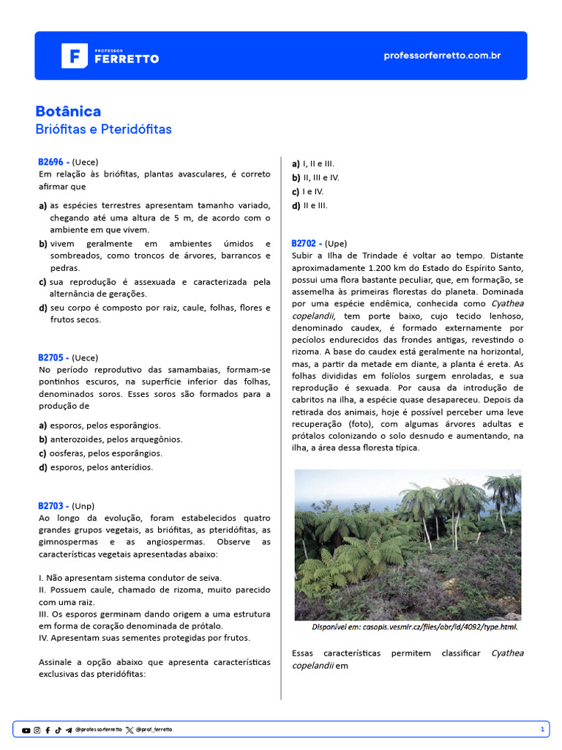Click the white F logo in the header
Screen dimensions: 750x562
(75, 56)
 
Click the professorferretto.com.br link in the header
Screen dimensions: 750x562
(442, 56)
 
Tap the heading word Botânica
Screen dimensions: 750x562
(68, 111)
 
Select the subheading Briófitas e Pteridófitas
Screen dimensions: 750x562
(103, 130)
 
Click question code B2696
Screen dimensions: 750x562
(53, 162)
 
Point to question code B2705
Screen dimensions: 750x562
(53, 357)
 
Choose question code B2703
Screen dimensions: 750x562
(53, 505)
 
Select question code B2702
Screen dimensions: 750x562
(307, 243)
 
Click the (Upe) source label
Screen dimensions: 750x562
(336, 243)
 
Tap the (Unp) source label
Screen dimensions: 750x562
(83, 505)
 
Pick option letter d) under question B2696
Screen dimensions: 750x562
(43, 308)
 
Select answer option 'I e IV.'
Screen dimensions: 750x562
(314, 191)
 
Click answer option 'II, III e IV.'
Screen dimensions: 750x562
(321, 177)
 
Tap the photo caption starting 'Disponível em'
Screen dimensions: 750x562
(414, 627)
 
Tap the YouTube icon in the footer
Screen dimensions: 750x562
(26, 730)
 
